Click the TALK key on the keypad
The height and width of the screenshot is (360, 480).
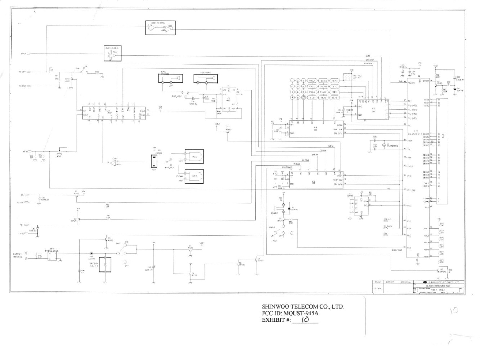(312, 81)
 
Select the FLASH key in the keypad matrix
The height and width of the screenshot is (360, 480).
(323, 92)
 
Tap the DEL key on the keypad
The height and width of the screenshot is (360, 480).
(335, 92)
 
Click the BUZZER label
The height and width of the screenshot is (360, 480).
(274, 213)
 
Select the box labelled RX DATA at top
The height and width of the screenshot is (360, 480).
(161, 28)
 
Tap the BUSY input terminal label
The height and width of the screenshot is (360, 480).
(23, 54)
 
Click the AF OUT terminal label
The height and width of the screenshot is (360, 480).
(22, 72)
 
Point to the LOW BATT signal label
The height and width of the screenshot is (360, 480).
(369, 63)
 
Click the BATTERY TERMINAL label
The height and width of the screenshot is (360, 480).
(18, 256)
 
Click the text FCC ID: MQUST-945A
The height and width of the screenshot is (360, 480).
(290, 313)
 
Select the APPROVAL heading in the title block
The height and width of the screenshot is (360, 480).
(405, 282)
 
